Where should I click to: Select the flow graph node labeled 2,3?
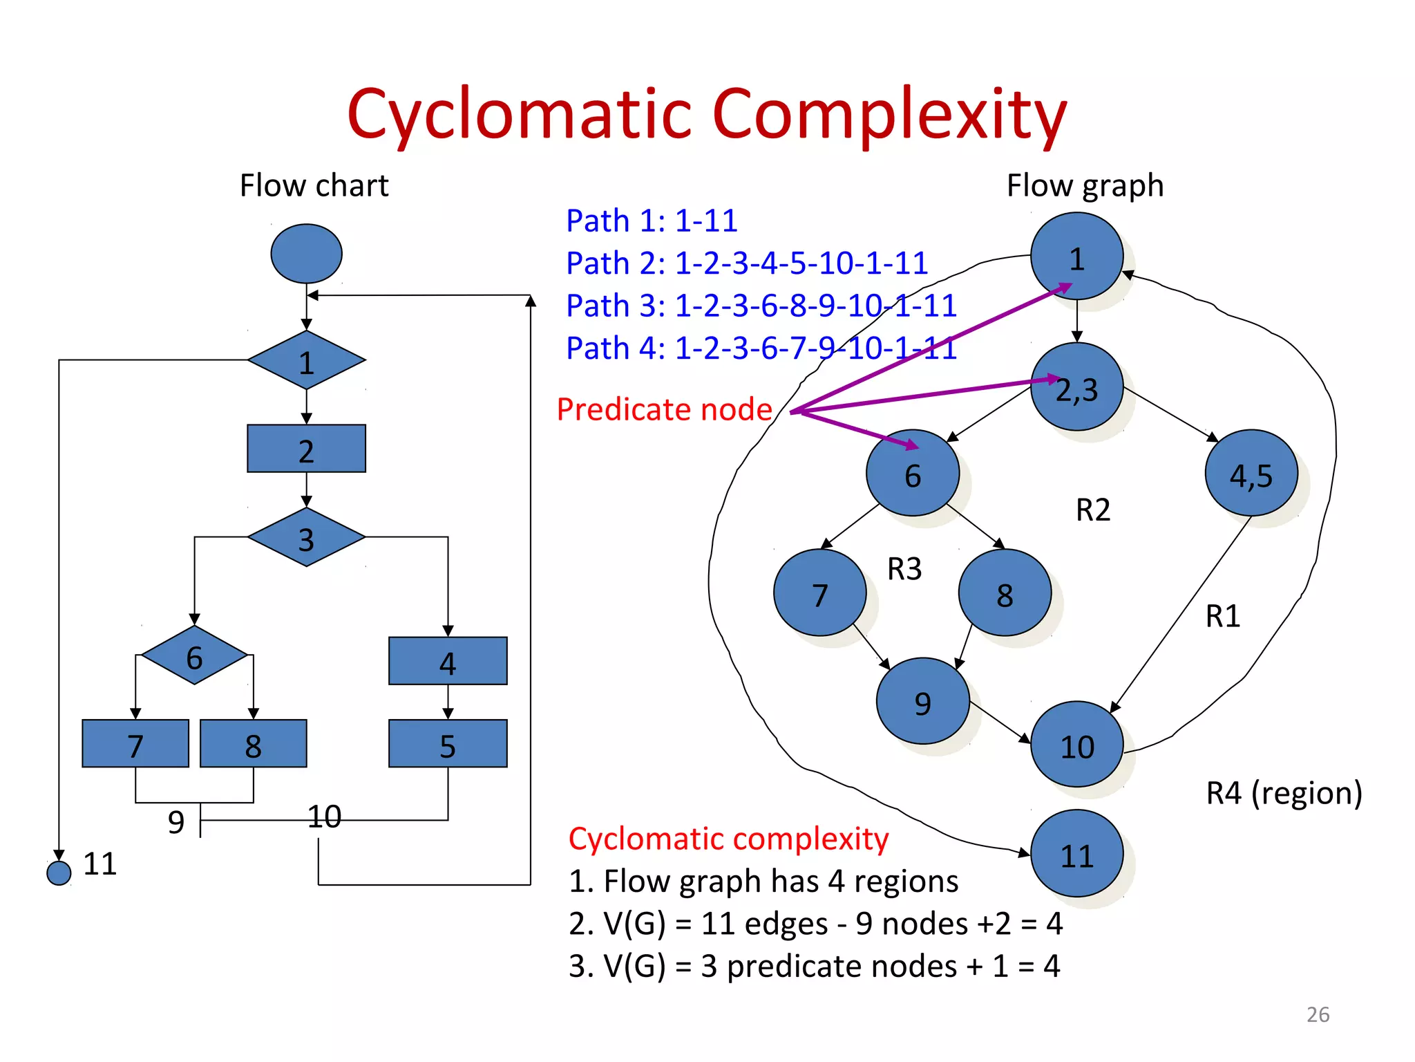click(1076, 387)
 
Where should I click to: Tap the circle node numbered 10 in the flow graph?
click(1076, 745)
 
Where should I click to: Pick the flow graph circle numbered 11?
click(1076, 854)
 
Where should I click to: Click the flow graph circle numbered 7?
click(819, 593)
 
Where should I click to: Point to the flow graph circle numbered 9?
click(922, 701)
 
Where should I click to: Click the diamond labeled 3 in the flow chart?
click(306, 537)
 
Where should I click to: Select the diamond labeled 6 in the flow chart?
click(194, 655)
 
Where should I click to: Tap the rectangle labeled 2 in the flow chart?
click(306, 449)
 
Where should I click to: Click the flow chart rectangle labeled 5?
click(448, 744)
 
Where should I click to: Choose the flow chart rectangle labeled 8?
click(253, 744)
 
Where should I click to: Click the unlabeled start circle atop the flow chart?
click(306, 254)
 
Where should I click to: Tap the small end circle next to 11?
click(59, 873)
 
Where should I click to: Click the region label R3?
click(904, 569)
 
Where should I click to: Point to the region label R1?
click(1222, 616)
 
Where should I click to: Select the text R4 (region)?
click(1284, 793)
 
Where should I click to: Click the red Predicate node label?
click(664, 409)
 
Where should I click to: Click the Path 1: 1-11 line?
click(652, 221)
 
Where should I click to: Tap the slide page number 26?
click(1318, 1014)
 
